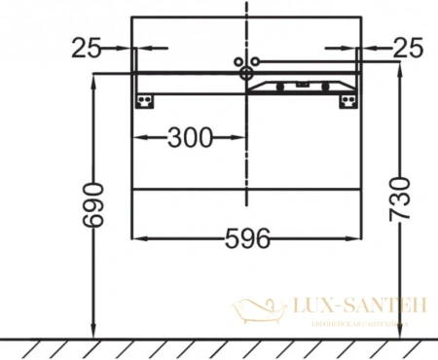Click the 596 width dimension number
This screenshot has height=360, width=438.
point(248,237)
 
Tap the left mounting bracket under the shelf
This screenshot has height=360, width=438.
point(146,100)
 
